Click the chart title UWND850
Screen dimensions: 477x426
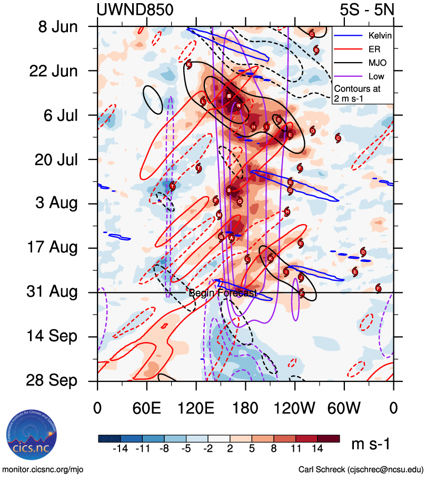coord(135,9)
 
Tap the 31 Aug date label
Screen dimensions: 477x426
coord(60,292)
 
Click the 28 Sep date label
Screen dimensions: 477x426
coord(59,381)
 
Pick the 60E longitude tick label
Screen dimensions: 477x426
coord(146,408)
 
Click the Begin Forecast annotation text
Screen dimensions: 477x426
coord(223,293)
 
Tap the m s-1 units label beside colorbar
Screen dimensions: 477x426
coord(370,445)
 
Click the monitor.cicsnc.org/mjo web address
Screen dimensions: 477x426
coord(43,469)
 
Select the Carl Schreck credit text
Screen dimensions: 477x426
coord(361,469)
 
